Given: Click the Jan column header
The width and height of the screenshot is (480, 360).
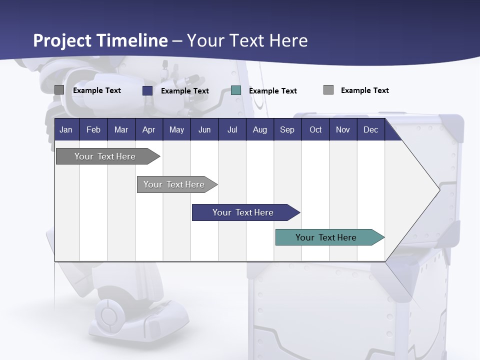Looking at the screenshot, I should pos(66,129).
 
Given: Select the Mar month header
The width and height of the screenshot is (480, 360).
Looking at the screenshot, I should pos(121,129).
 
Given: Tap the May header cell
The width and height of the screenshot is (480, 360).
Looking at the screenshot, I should pos(176,129).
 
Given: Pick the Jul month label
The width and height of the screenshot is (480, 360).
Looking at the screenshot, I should pos(232,129).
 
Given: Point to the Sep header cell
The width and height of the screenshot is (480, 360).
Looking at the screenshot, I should pos(287,129).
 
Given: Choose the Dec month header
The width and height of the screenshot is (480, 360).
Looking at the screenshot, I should pos(370,129).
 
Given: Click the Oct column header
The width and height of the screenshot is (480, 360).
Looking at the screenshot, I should pos(315,129).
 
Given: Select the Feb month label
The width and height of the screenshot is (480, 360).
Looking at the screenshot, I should pos(93,129).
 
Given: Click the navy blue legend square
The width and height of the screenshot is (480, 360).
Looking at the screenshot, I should pos(147,90).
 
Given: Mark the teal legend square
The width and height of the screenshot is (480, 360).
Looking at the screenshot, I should pos(236,90).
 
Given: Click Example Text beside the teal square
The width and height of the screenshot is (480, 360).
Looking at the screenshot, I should pos(272,91).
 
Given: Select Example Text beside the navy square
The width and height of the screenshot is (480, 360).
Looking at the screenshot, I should pos(184,91).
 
